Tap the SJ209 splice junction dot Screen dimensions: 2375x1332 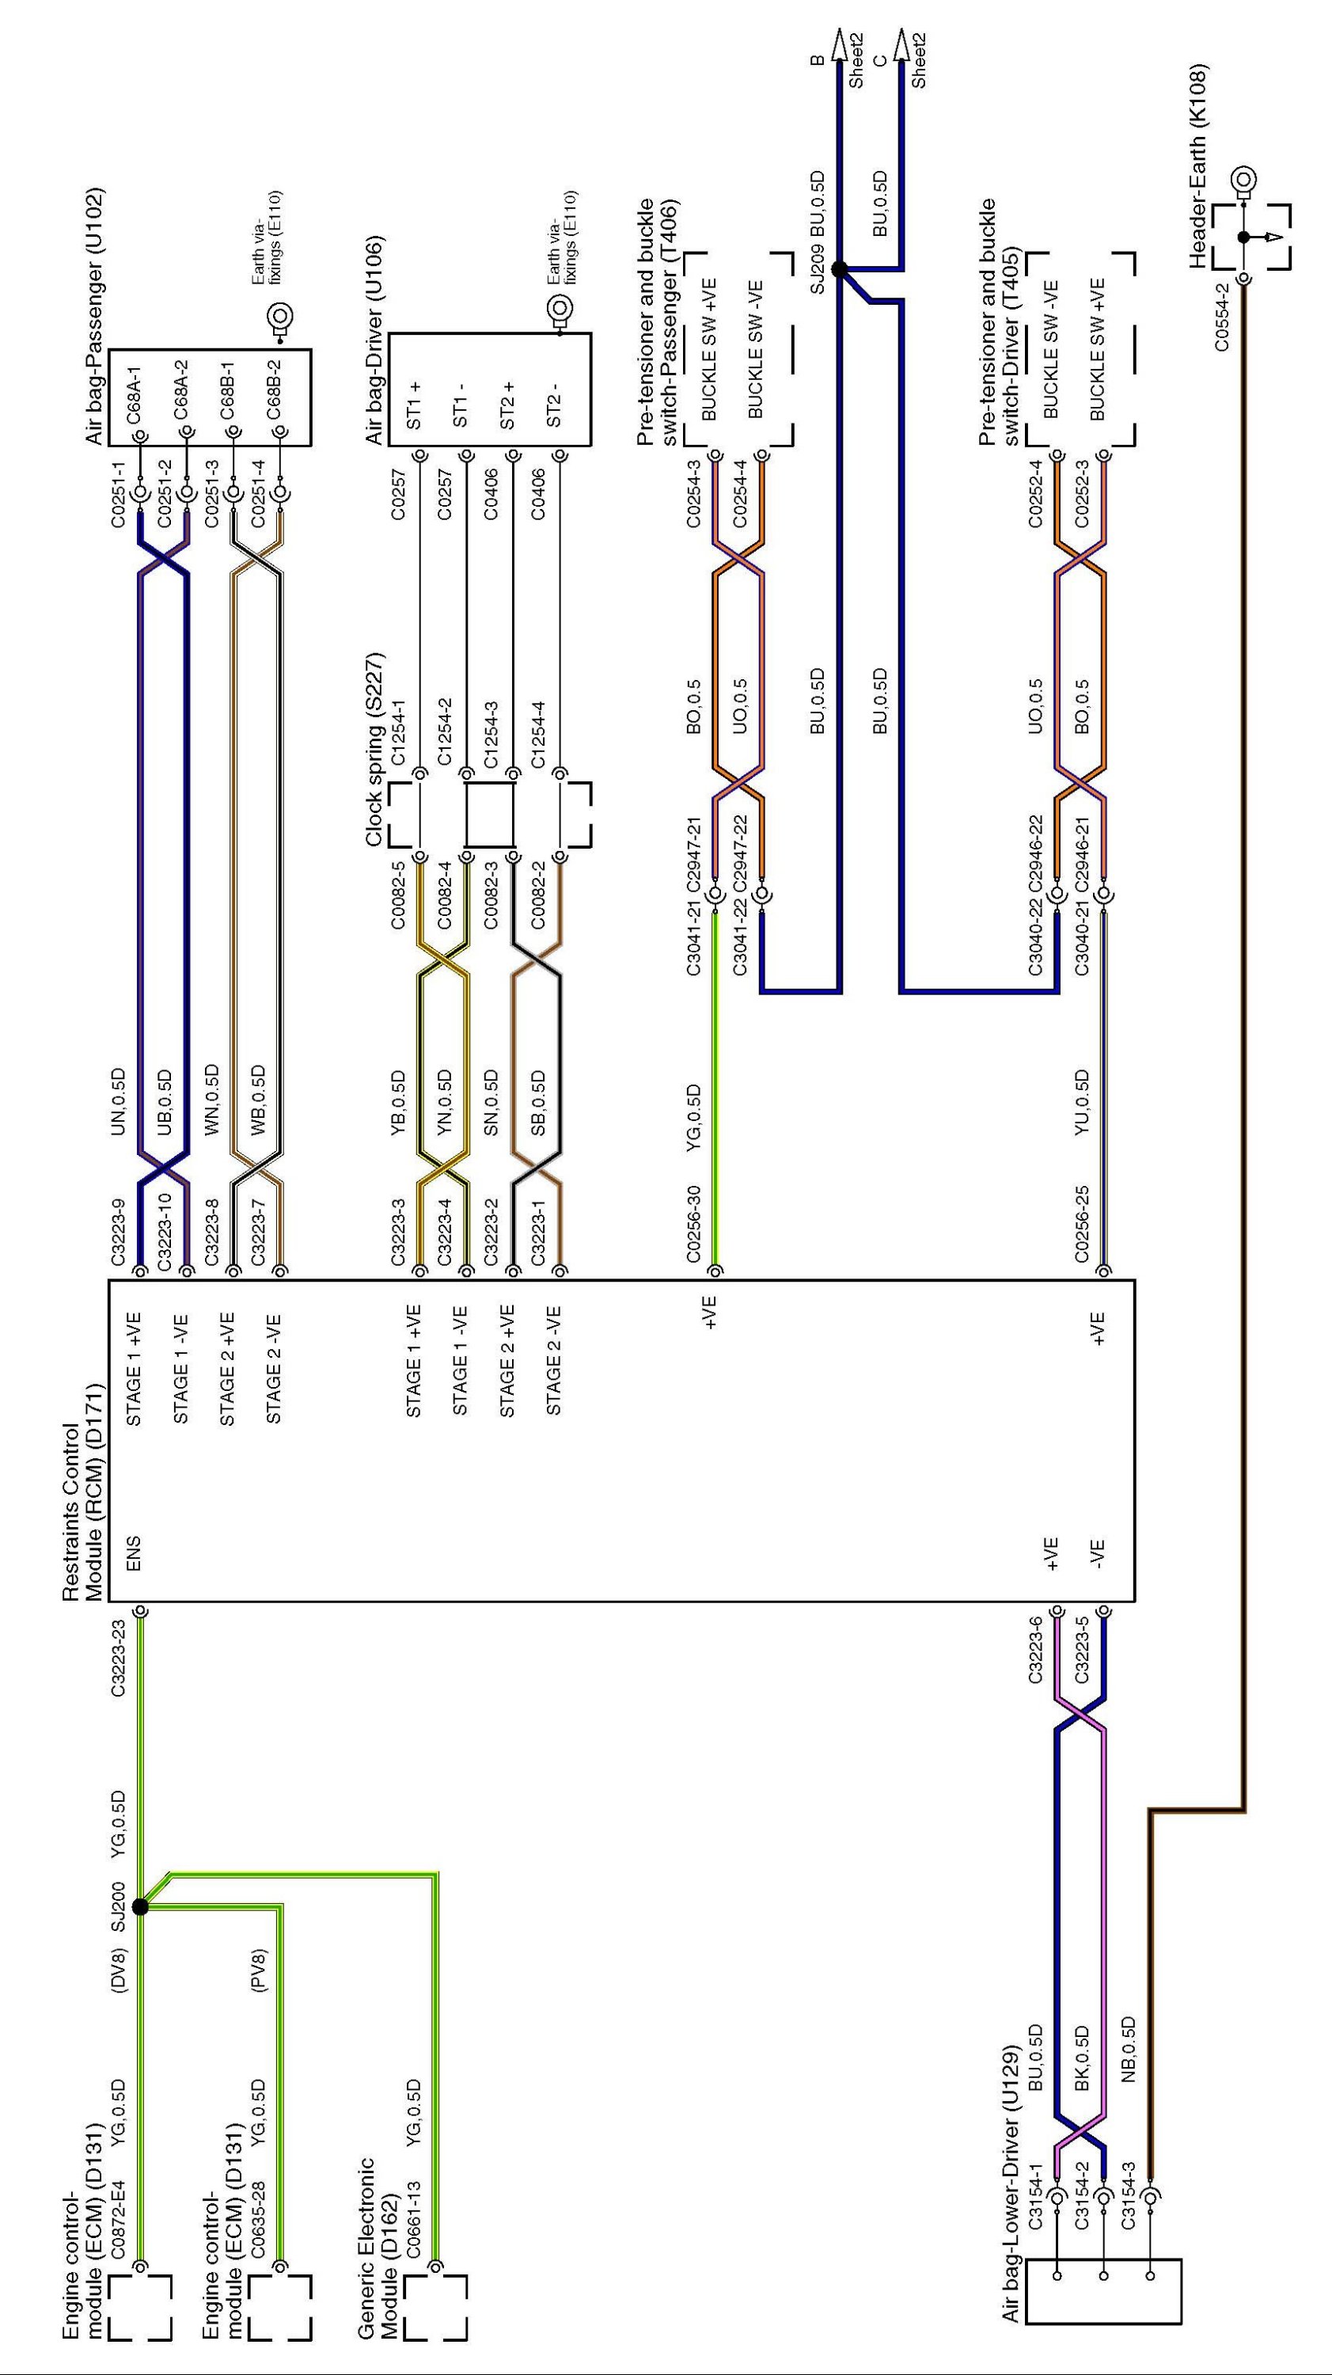click(x=839, y=269)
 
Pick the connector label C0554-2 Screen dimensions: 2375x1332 click(x=1221, y=316)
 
